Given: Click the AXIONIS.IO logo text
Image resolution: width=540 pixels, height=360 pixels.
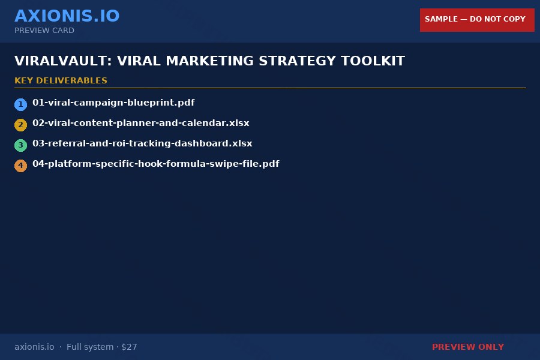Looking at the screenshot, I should point(67,16).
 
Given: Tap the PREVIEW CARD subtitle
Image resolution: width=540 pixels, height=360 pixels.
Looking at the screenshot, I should point(44,31).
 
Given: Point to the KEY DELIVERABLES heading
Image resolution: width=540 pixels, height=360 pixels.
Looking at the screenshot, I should point(61,81).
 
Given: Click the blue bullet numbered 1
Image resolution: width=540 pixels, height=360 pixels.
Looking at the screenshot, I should point(21,104).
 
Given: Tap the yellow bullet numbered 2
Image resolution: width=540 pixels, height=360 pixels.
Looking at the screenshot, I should point(21,125).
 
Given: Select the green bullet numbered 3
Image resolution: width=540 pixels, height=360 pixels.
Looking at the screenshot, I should point(21,145).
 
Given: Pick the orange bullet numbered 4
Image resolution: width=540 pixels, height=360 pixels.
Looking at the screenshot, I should point(21,166).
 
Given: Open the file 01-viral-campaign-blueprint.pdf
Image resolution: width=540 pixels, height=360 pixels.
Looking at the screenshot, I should point(113,103).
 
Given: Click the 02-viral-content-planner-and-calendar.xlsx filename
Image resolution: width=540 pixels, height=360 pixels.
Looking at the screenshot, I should point(140,123).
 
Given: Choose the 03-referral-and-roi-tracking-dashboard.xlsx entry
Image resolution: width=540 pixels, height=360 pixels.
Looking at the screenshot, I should point(142,143).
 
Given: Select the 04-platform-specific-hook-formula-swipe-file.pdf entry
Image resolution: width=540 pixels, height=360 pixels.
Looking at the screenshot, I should point(155,164).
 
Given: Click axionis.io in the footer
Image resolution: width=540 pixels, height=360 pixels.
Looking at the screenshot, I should point(34,347).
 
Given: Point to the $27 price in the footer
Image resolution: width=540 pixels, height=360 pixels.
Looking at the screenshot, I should point(129,347).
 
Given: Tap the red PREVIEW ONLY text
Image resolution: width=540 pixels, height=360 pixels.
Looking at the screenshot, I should point(468,347).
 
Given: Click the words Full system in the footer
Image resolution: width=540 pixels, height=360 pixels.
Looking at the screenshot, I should point(90,347).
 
